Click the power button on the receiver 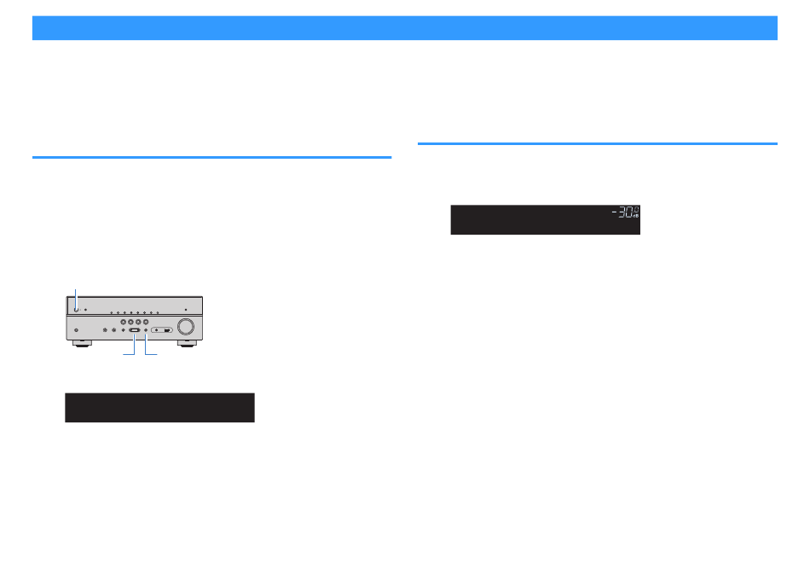76,310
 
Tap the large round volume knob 186,326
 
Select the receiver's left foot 83,343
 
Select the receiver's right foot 187,343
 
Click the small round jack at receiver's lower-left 77,330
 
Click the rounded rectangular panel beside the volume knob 162,330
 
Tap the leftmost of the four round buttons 124,322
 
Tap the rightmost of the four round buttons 146,322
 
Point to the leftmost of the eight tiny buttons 111,312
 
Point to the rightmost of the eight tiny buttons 158,312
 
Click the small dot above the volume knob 186,310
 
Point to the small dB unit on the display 636,215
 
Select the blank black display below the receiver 159,407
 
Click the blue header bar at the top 405,28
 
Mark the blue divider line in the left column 211,157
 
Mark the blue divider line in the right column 598,143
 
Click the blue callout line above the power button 76,299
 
